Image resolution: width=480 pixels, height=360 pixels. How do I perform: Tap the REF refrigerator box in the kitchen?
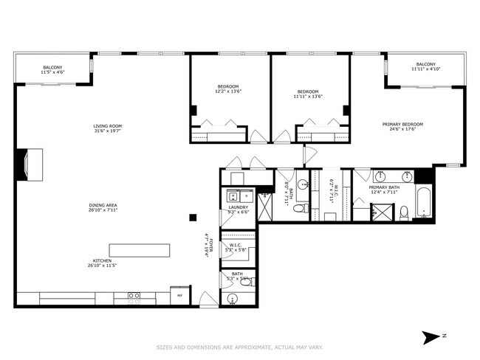[179, 296]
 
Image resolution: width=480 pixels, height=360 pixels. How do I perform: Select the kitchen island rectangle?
[139, 249]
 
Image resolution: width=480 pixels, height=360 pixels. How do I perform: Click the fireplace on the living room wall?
[32, 165]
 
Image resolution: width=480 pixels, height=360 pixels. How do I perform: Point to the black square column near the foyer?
[193, 217]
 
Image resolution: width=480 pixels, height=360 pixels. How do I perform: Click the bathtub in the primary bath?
[423, 204]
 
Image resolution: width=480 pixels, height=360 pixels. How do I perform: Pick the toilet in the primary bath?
[404, 213]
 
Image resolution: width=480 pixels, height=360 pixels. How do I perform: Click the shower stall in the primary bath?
[382, 213]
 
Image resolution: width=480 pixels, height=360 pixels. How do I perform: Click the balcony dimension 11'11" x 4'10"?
[426, 69]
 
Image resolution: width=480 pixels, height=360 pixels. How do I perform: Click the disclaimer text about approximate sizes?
[239, 347]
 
